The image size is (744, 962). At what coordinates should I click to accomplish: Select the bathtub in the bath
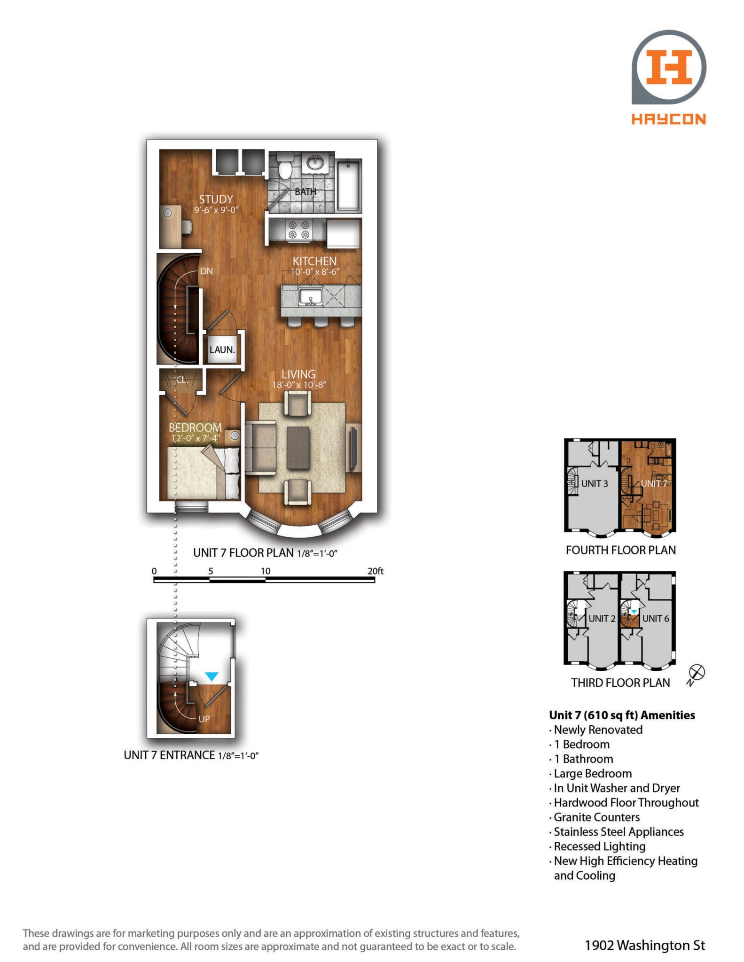349,185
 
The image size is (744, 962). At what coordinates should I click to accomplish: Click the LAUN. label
222,349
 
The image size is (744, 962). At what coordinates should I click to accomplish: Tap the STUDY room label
216,199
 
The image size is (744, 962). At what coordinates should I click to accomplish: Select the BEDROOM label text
195,427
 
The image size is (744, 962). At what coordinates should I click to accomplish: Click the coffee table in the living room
298,448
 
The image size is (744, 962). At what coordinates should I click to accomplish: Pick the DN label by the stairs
206,271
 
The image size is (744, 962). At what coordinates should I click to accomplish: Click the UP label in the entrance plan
204,719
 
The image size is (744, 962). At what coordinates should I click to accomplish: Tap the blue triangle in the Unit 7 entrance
212,676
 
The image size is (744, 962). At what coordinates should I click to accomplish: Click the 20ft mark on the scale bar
376,571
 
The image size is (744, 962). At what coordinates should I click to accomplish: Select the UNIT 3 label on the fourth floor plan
595,483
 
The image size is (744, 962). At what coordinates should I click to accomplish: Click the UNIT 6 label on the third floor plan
656,618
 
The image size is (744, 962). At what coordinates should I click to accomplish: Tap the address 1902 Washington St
645,945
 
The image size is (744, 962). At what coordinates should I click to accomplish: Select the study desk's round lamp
168,213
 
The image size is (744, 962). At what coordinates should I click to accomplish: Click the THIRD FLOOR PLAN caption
620,683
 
